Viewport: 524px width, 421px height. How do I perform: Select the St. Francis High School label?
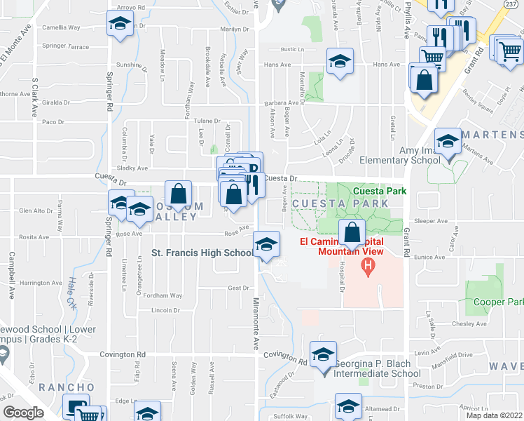coord(203,253)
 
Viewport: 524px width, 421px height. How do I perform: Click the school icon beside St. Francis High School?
coord(265,245)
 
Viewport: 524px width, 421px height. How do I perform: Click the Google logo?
coord(23,413)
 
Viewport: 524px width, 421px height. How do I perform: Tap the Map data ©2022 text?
coord(494,415)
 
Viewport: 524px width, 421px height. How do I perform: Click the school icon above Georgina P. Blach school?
coord(323,355)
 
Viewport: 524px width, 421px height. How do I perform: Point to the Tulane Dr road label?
coord(207,121)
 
